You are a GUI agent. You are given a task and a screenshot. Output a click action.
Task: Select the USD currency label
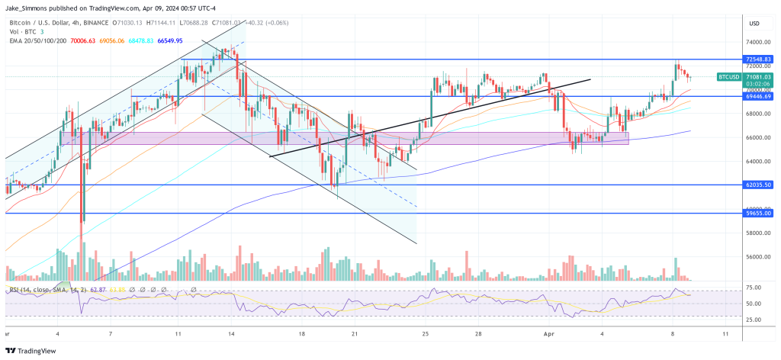(754, 22)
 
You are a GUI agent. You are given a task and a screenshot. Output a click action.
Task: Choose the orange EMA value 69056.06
(113, 40)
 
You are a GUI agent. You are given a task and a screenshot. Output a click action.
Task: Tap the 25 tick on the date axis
(426, 333)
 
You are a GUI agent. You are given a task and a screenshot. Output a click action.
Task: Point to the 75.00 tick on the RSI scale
(753, 287)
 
